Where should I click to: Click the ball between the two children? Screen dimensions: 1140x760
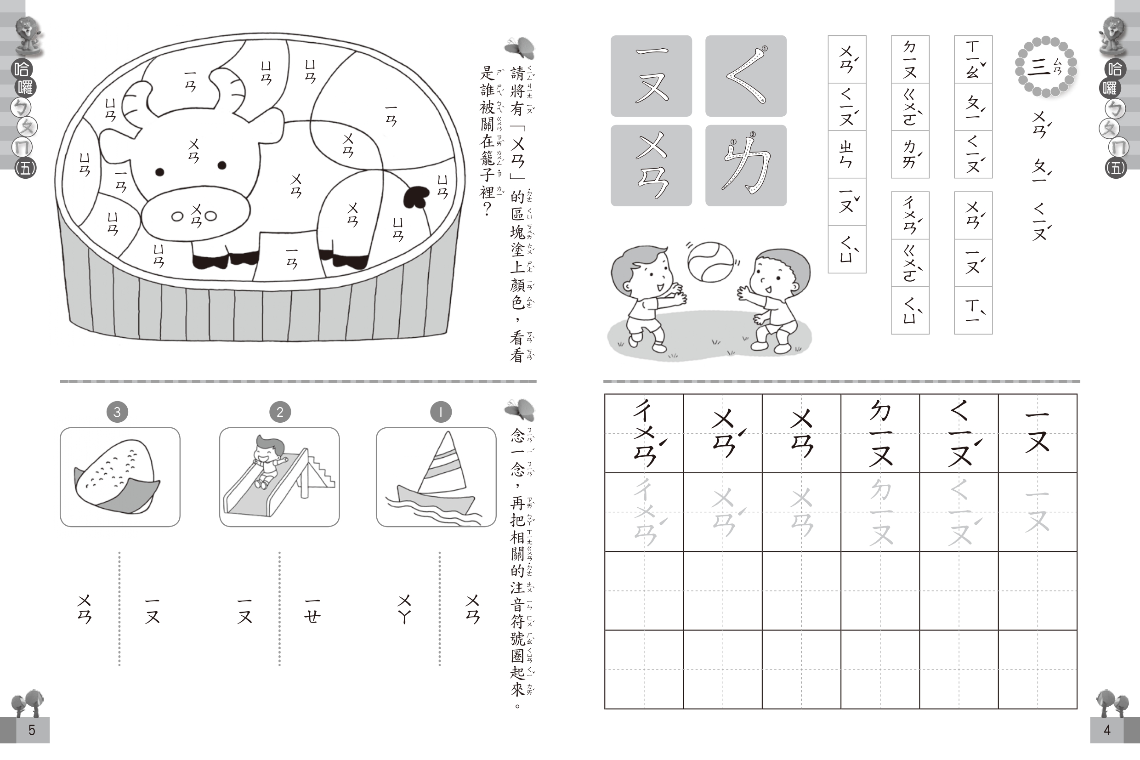point(710,262)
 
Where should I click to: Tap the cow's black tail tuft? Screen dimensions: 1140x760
point(416,197)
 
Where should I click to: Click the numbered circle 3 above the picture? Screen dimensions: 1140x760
point(117,412)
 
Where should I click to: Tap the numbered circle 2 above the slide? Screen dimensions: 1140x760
point(280,412)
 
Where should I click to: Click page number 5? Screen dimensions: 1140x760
point(32,730)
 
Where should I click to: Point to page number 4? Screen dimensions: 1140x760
point(1107,730)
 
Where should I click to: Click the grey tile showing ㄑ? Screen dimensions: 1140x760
point(746,76)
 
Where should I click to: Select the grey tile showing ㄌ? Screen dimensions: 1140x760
point(746,165)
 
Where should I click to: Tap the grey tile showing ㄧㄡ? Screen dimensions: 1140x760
point(652,76)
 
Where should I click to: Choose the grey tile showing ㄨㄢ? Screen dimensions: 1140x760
point(652,165)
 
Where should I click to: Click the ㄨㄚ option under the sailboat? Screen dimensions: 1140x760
point(405,609)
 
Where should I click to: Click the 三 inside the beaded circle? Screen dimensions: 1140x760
point(1039,68)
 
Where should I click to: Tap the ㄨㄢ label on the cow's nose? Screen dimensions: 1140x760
point(196,216)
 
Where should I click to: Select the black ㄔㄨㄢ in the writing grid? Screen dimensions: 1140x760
point(646,432)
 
